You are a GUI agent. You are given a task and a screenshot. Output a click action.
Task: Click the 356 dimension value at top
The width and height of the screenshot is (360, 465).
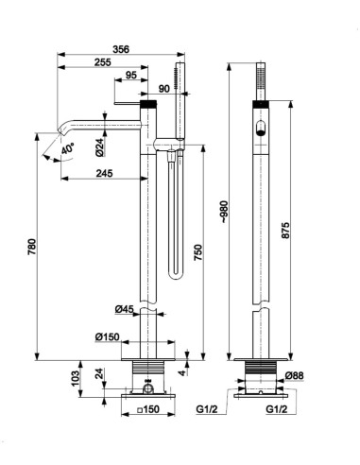click(x=121, y=49)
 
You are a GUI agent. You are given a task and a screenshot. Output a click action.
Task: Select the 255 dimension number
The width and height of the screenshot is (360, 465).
click(x=103, y=62)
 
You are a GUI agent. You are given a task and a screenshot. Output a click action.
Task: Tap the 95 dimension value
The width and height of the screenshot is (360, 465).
click(x=131, y=76)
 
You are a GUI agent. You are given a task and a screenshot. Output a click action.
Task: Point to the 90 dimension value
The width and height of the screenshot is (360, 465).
click(x=164, y=89)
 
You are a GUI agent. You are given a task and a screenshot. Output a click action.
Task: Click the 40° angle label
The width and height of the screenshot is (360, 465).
click(x=68, y=148)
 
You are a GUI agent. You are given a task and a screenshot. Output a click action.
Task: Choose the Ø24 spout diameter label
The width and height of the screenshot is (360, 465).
click(x=99, y=147)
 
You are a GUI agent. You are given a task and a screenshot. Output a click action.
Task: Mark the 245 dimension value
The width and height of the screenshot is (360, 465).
click(x=104, y=173)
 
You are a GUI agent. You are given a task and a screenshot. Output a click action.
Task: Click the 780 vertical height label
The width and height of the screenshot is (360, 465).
click(x=32, y=248)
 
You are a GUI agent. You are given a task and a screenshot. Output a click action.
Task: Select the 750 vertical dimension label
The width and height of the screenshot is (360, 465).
click(x=198, y=252)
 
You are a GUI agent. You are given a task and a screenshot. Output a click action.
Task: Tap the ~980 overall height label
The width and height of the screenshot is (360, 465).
click(x=224, y=212)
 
